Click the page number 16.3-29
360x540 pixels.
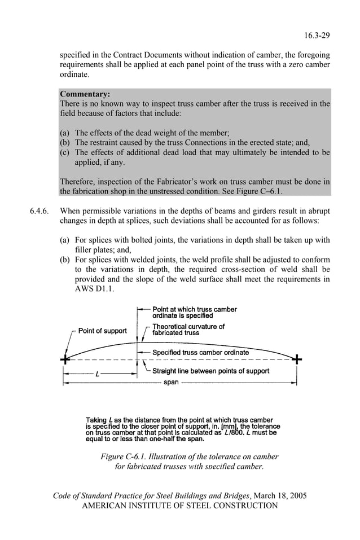(317, 36)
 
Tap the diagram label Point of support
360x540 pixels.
(102, 331)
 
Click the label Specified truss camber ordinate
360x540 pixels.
(200, 353)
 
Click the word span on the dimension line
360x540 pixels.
(171, 382)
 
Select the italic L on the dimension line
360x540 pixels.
(98, 374)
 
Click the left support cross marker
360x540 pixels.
(67, 359)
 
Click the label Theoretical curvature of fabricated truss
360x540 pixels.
(188, 330)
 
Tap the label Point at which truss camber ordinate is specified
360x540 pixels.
(195, 313)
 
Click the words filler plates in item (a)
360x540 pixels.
(96, 249)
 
